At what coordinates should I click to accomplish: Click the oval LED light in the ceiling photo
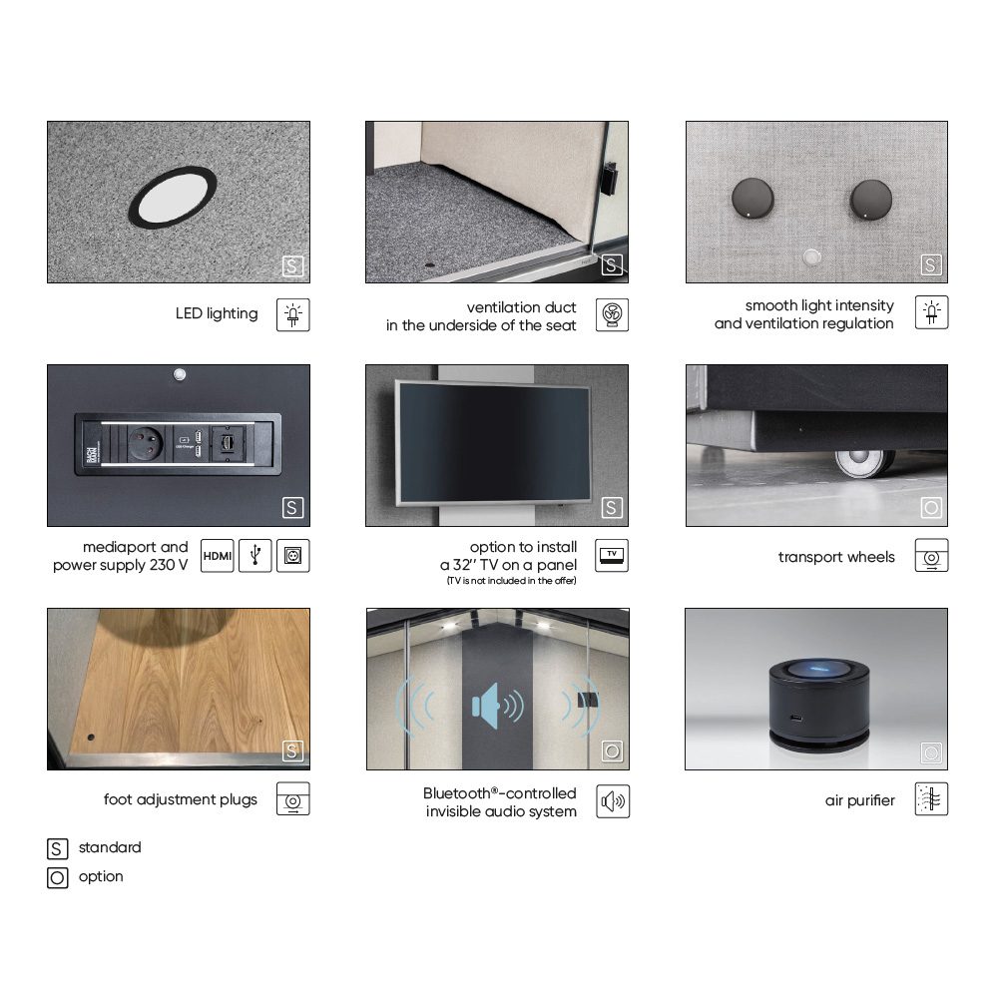click(173, 196)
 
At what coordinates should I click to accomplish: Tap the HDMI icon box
click(217, 556)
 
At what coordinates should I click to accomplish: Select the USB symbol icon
click(255, 556)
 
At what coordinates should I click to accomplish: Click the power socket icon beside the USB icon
click(293, 556)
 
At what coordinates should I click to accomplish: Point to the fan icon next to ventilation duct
click(613, 315)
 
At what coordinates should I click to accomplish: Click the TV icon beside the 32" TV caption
click(612, 556)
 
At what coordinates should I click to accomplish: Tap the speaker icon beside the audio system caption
click(613, 801)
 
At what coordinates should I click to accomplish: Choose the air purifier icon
click(931, 798)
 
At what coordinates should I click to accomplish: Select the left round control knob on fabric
click(752, 199)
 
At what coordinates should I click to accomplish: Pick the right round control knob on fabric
click(870, 200)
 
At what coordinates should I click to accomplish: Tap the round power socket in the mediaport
click(146, 443)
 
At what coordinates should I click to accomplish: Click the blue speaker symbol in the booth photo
click(498, 706)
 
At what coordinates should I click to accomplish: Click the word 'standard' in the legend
click(110, 847)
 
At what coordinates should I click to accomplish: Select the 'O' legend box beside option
click(57, 877)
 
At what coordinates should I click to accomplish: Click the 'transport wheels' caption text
click(836, 557)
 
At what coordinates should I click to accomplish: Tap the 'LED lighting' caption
click(217, 313)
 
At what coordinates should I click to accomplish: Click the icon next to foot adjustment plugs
click(293, 798)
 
